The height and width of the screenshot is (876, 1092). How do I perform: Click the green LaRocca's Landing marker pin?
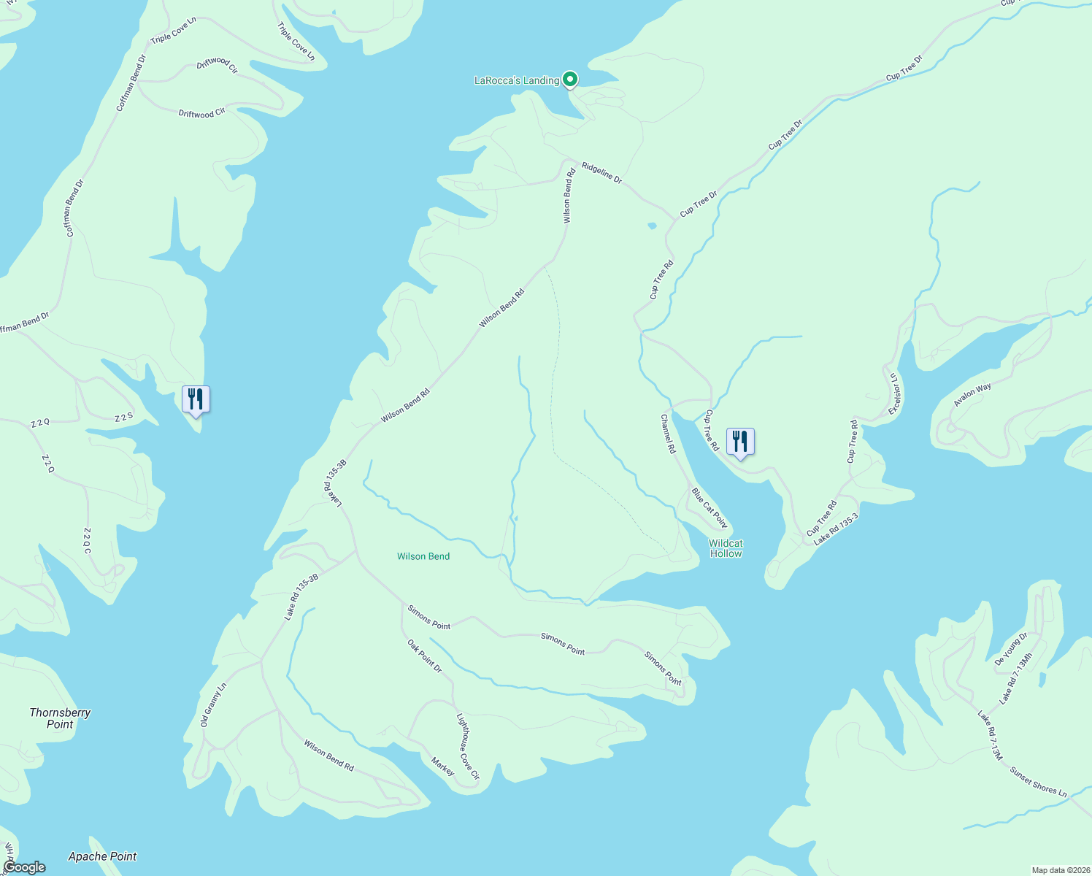coord(570,80)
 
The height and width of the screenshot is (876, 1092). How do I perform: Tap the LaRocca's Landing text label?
coord(516,80)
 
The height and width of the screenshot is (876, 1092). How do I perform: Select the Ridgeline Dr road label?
coord(602,174)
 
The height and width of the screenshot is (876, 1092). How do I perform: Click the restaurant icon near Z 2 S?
coord(196,399)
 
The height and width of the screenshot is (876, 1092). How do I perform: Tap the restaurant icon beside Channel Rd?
coord(740,442)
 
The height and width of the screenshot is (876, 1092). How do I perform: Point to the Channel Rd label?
coord(668,434)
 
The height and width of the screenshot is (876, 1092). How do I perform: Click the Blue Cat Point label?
coord(710,508)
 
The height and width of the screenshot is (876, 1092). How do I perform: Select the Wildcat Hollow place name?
coord(726,548)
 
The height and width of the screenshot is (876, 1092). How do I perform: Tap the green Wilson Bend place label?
coord(423,556)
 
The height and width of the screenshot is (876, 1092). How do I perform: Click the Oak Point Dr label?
coord(425,656)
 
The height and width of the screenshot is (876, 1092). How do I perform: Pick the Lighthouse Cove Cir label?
coord(468,746)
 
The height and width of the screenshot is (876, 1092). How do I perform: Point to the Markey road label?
coord(442,766)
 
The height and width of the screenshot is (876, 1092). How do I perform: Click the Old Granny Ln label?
coord(214,704)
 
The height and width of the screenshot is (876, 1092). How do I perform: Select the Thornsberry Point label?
coord(60,718)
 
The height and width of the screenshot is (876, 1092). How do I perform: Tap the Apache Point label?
coord(102,856)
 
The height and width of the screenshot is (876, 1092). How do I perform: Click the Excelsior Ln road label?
coord(895,394)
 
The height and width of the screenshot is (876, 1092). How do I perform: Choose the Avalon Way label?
coord(972,395)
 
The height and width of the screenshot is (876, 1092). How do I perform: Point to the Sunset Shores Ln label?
coord(1038,781)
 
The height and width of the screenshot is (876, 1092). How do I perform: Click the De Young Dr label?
coord(1011,648)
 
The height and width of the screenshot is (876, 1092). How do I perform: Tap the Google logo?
coord(24,867)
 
